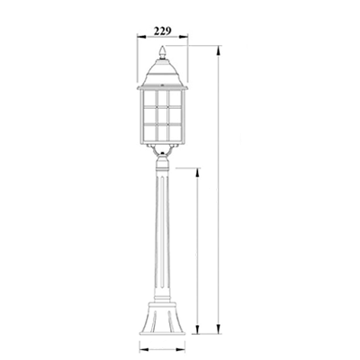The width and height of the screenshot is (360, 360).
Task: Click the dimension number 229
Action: pos(163,31)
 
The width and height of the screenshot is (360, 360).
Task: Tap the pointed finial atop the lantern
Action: pos(162,52)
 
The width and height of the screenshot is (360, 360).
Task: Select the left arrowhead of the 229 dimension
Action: pos(142,37)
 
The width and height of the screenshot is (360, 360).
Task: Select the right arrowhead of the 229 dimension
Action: pos(184,37)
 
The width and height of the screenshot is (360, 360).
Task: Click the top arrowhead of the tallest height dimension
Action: pos(219,50)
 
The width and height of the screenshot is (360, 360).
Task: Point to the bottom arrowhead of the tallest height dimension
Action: pos(219,328)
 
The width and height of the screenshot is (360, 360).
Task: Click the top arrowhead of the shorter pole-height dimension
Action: pos(197,173)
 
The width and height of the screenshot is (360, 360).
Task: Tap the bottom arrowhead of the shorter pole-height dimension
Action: pos(197,328)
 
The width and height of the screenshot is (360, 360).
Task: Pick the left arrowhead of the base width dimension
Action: pos(144,349)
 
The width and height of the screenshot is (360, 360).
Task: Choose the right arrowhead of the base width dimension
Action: pos(181,349)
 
